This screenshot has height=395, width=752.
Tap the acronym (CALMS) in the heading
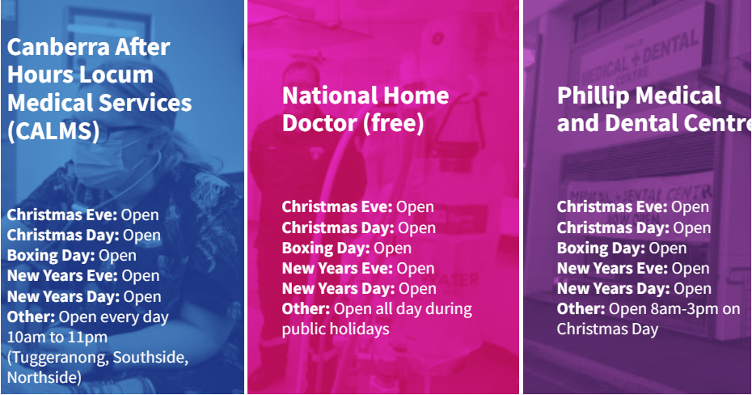[53, 130]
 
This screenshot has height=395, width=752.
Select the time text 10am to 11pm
[57, 337]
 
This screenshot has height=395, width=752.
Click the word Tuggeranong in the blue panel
[60, 358]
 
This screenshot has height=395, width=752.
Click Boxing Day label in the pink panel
[326, 248]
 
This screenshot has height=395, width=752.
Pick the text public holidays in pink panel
[336, 329]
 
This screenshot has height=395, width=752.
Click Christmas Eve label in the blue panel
[62, 214]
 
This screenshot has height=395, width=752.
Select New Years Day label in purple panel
[613, 289]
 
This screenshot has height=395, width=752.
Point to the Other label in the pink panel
[306, 309]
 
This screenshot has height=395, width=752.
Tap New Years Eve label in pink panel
[337, 268]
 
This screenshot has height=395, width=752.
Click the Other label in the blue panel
[31, 316]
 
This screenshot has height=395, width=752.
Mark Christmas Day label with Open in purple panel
[634, 228]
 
